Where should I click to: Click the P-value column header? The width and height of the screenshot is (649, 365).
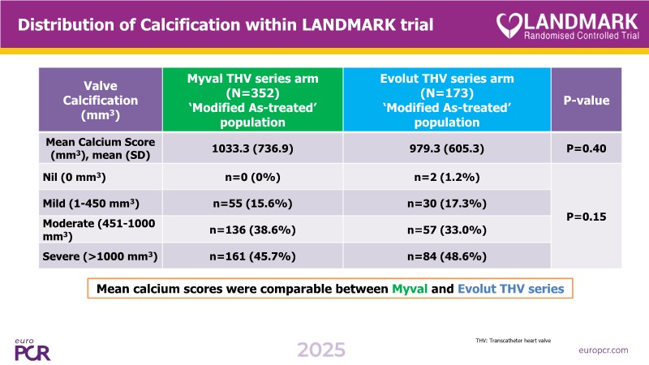587,100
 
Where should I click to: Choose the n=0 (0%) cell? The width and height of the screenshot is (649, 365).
252,176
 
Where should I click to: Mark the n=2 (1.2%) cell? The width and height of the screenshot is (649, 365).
446,176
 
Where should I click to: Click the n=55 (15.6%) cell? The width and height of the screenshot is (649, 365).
252,202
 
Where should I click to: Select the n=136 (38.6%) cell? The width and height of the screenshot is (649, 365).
252,230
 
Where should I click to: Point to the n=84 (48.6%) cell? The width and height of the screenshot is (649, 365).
446,256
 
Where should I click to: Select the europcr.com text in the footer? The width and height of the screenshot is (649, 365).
604,350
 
